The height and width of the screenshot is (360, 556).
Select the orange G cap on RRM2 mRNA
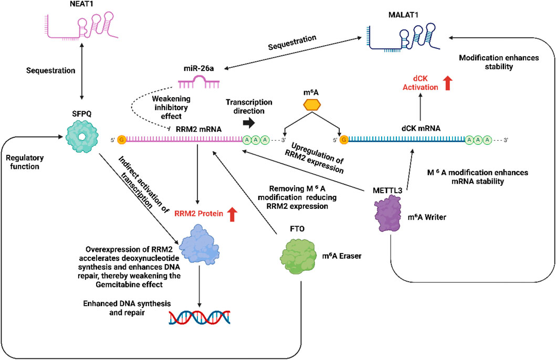[122, 140]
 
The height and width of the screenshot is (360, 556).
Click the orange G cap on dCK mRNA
[344, 140]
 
